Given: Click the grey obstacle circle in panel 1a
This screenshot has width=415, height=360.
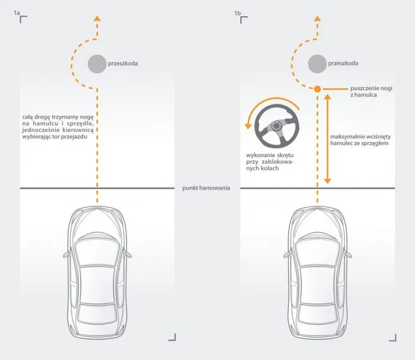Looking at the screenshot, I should point(96,64).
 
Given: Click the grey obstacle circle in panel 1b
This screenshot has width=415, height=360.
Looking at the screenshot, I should point(317,64).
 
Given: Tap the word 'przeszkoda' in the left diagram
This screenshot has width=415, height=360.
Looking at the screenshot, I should point(123,63).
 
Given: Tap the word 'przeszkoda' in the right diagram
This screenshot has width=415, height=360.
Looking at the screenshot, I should point(344,63).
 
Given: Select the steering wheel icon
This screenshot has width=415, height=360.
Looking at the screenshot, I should point(275,127).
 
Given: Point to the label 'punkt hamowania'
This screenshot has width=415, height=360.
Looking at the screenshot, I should point(207,188).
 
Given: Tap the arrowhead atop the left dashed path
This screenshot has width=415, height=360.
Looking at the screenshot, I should point(96,19).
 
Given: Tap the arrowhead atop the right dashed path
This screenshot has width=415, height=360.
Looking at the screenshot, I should point(317,19).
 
